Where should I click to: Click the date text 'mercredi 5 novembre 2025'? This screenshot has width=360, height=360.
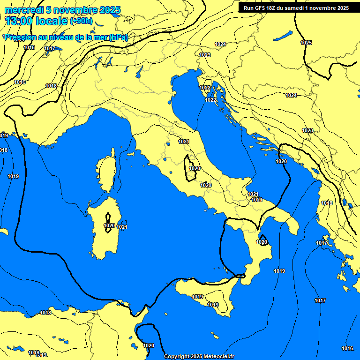tap(62, 10)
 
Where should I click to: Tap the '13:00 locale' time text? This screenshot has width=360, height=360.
tap(37, 21)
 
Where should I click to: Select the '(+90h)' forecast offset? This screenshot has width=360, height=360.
tap(81, 21)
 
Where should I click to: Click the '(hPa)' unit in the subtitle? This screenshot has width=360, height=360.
tap(118, 37)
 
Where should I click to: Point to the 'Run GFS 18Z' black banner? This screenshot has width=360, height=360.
tap(296, 8)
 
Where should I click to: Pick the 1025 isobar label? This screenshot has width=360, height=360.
tap(306, 43)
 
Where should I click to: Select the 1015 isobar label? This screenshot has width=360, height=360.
tap(29, 47)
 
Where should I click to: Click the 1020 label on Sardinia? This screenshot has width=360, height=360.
tap(109, 225)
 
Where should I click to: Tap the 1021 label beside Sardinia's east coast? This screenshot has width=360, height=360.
tap(122, 227)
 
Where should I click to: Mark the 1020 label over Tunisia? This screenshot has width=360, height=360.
tap(148, 345)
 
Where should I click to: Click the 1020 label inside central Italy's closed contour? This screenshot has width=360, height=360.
tap(195, 168)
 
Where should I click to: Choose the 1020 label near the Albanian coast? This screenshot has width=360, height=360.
tap(281, 161)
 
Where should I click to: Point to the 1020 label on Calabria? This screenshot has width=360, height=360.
tap(262, 242)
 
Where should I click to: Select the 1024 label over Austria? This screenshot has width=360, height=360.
tap(220, 44)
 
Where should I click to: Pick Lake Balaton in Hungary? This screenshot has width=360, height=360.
tap(284, 36)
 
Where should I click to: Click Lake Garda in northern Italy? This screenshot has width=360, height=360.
tap(139, 71)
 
